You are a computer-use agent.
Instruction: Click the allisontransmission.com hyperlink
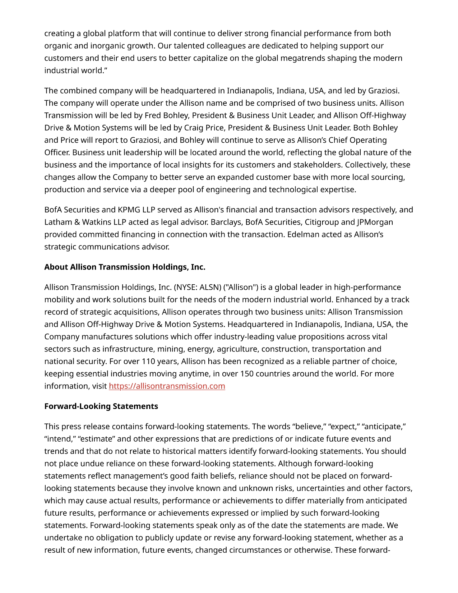[x=167, y=386]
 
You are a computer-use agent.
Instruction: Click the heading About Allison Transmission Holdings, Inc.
[x=125, y=267]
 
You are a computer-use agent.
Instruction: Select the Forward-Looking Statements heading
[x=101, y=406]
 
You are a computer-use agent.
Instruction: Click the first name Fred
[x=153, y=115]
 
